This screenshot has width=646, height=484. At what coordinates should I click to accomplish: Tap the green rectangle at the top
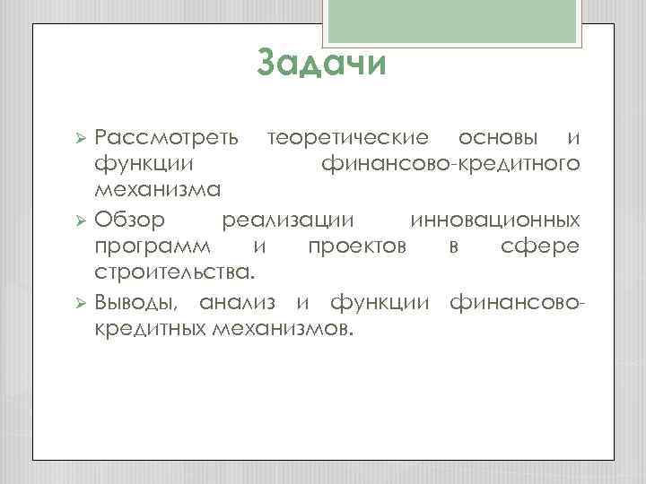pyautogui.click(x=458, y=21)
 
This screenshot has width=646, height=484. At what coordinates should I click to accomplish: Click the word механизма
pyautogui.click(x=160, y=191)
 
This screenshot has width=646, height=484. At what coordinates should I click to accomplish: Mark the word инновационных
pyautogui.click(x=494, y=219)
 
